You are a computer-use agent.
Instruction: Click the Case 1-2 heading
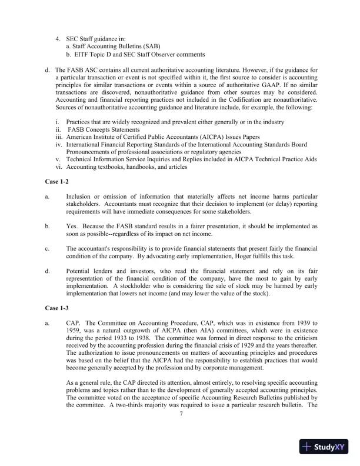click(x=57, y=182)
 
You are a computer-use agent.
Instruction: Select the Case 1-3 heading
click(x=57, y=308)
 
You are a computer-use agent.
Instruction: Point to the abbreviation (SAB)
click(x=148, y=45)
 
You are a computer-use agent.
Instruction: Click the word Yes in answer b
click(x=72, y=226)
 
